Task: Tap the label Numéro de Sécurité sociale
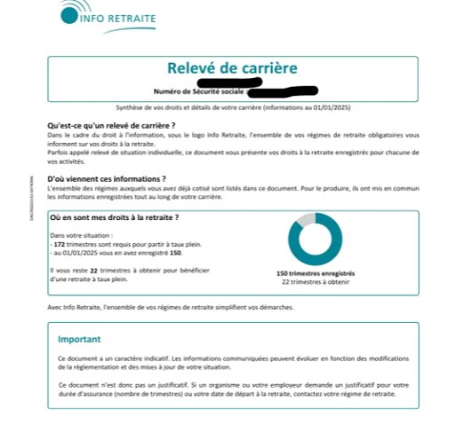[199, 91]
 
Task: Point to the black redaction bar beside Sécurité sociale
[283, 91]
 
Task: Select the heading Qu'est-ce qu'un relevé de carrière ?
[111, 126]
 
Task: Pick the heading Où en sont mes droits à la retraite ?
[115, 217]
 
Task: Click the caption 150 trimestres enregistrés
[316, 275]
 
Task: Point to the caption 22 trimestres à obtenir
[316, 283]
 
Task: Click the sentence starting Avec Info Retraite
[169, 307]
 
